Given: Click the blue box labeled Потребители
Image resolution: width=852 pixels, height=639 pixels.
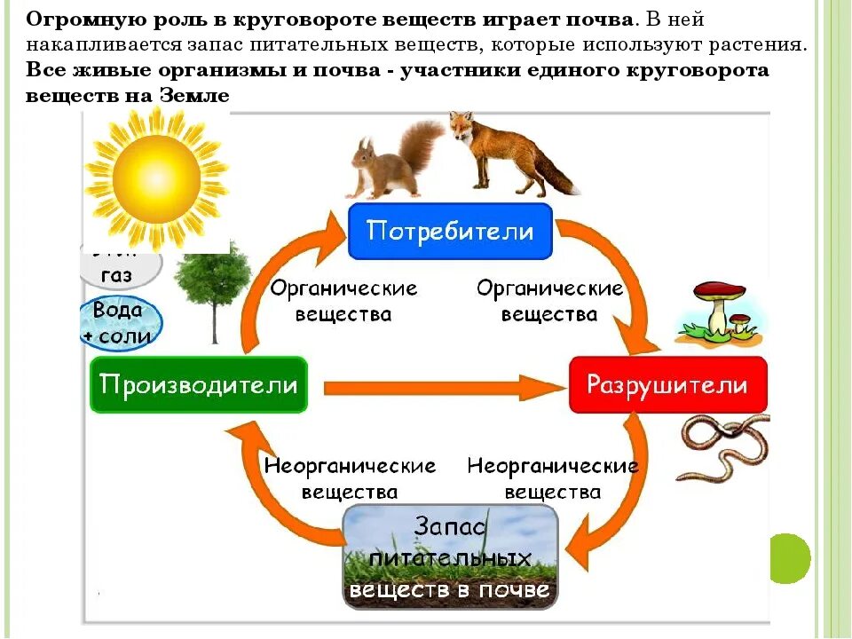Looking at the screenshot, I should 450,232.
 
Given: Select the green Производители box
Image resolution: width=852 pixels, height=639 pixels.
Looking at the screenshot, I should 198,385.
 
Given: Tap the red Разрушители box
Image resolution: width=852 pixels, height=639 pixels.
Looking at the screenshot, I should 667,385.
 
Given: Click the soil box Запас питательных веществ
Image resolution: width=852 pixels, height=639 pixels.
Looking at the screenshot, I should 451,557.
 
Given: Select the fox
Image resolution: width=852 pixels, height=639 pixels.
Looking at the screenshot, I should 501,151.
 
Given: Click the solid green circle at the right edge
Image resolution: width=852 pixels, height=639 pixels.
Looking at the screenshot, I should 788,557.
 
